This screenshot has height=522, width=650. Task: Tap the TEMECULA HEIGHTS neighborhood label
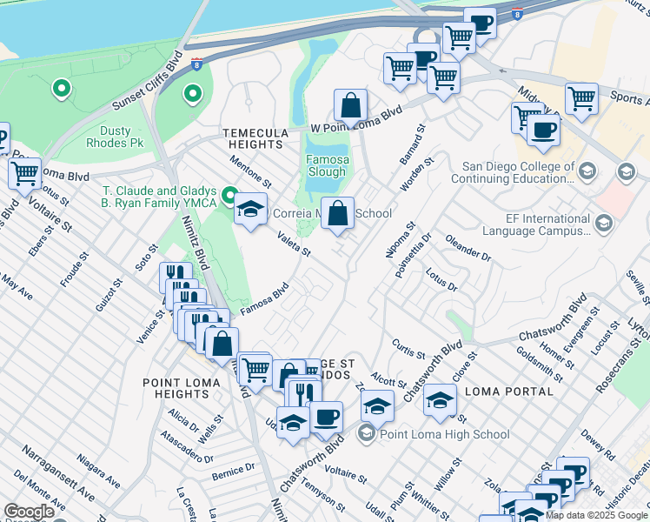point(255,139)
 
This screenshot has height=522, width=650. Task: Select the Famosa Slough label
point(328,166)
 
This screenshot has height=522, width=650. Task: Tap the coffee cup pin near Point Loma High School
point(326,418)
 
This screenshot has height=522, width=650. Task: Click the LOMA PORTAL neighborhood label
point(509,391)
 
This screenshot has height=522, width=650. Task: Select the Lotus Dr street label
point(441,280)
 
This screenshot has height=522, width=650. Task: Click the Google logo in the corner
point(29,512)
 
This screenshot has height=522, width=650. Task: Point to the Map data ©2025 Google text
point(596,515)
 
